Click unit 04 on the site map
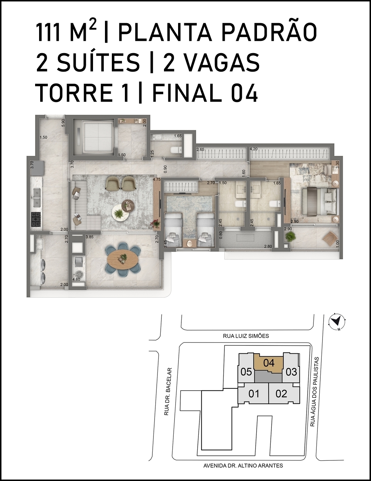click(x=269, y=363)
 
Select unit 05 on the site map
click(x=246, y=372)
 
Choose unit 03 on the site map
click(x=291, y=372)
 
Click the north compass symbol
click(x=337, y=321)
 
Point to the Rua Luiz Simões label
click(x=246, y=336)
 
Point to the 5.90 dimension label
click(x=63, y=122)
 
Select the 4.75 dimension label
click(x=157, y=179)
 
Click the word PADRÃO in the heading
click(x=269, y=33)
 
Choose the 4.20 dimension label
click(x=254, y=149)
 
